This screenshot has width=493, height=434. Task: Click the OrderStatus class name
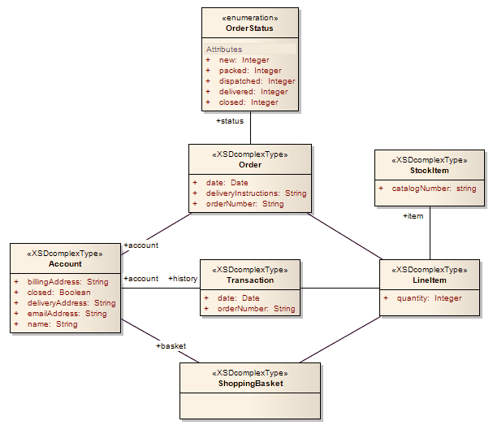(249, 28)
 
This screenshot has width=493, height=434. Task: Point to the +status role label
(230, 121)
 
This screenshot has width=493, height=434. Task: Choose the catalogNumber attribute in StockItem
(434, 189)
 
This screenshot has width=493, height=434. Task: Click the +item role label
(413, 216)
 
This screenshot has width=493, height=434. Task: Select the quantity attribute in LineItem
(429, 298)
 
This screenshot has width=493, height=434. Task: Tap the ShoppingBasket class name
(249, 384)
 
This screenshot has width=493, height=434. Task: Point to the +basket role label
(171, 346)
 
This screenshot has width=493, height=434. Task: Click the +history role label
(183, 279)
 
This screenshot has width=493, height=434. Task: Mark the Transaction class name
(249, 280)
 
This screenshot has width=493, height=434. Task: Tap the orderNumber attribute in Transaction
(256, 309)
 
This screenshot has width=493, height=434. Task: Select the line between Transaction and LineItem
(341, 288)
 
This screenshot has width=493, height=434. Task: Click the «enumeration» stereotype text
(249, 17)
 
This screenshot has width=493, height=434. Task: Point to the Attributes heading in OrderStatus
(224, 50)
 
